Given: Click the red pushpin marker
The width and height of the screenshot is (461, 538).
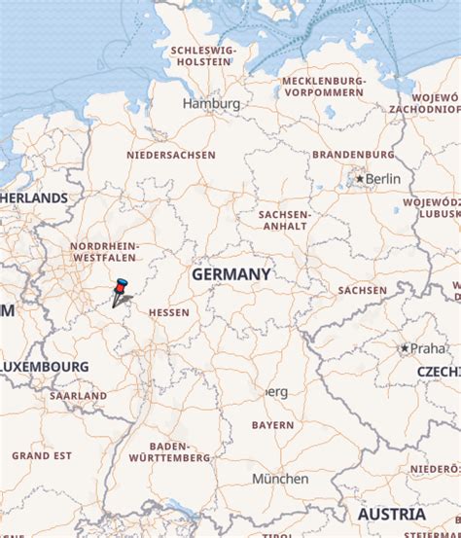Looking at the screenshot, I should [121, 288].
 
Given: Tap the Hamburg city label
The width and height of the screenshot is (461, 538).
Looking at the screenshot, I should [211, 103].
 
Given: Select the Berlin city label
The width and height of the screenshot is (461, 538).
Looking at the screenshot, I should [382, 179].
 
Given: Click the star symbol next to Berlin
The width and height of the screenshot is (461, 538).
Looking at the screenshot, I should [360, 179].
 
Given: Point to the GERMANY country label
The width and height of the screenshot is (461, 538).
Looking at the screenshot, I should [230, 275].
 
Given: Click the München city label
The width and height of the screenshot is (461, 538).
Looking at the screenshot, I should [280, 479].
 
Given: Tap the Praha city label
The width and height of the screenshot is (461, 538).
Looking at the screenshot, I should [426, 347].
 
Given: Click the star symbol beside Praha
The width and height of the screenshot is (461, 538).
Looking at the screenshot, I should [405, 347].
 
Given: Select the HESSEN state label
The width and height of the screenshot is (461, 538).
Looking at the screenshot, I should [168, 313].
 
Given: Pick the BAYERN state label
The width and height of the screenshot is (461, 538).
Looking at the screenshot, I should [272, 425].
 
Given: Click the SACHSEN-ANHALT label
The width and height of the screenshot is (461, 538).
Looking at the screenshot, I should [284, 220].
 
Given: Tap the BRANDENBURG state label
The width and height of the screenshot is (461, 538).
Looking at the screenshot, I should [353, 155].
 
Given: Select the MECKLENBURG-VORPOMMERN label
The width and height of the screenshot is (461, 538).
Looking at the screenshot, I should [324, 87].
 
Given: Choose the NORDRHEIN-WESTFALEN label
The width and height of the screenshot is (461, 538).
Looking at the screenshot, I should [104, 253].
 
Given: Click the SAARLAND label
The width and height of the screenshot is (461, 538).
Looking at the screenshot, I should [78, 396].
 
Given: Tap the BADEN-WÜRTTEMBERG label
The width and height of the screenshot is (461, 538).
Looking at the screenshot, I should [169, 450].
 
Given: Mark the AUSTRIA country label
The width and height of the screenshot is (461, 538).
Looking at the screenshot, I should [391, 514].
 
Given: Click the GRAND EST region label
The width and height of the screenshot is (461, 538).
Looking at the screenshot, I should [42, 455].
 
